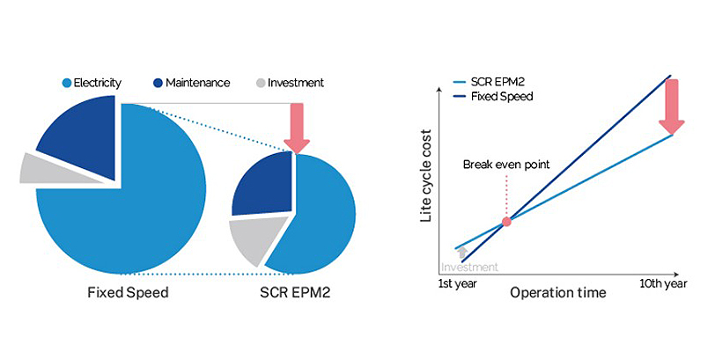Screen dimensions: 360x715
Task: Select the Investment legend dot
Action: coord(260,83)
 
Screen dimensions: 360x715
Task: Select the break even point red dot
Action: coord(505,222)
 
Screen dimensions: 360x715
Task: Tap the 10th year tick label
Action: coord(662,285)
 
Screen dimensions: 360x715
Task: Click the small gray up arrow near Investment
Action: coord(462,253)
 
